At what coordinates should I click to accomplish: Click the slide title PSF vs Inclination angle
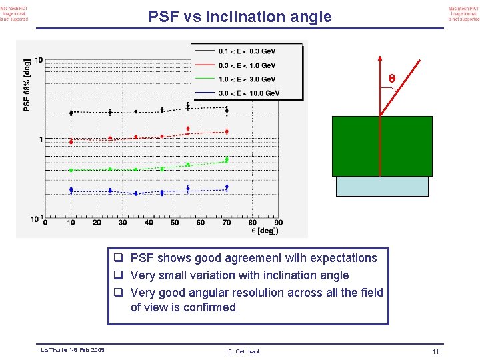point(239,17)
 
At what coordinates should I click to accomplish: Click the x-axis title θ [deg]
point(265,231)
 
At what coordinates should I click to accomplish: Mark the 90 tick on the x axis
point(278,223)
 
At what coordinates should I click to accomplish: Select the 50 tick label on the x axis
point(175,223)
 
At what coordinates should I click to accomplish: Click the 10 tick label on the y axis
point(39,61)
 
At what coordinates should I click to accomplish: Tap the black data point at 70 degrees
point(227,109)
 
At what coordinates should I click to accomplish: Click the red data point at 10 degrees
point(71,141)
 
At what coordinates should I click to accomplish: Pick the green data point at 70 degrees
point(227,160)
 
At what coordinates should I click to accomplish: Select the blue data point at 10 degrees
point(71,190)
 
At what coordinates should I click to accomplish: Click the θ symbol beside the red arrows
point(392,79)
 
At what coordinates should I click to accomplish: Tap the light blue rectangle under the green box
point(382,186)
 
